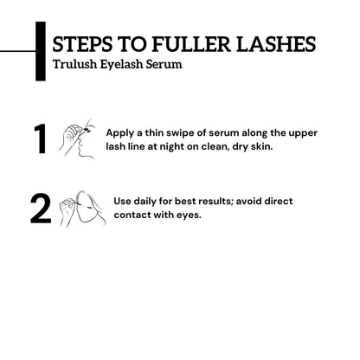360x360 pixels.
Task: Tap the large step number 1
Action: [39, 140]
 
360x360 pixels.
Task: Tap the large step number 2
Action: [40, 209]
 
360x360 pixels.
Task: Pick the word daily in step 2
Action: [150, 202]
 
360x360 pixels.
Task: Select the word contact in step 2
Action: [134, 215]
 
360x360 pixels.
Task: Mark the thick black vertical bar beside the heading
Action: [40, 53]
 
